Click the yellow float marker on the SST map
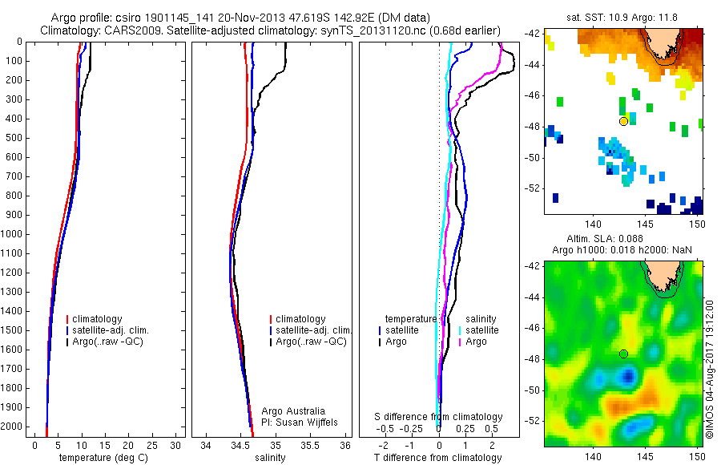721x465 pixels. (x=623, y=121)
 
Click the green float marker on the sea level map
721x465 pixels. (x=623, y=354)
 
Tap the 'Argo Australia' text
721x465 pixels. (x=294, y=411)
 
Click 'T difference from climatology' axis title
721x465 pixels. (x=437, y=458)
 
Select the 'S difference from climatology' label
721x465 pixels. (x=438, y=417)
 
